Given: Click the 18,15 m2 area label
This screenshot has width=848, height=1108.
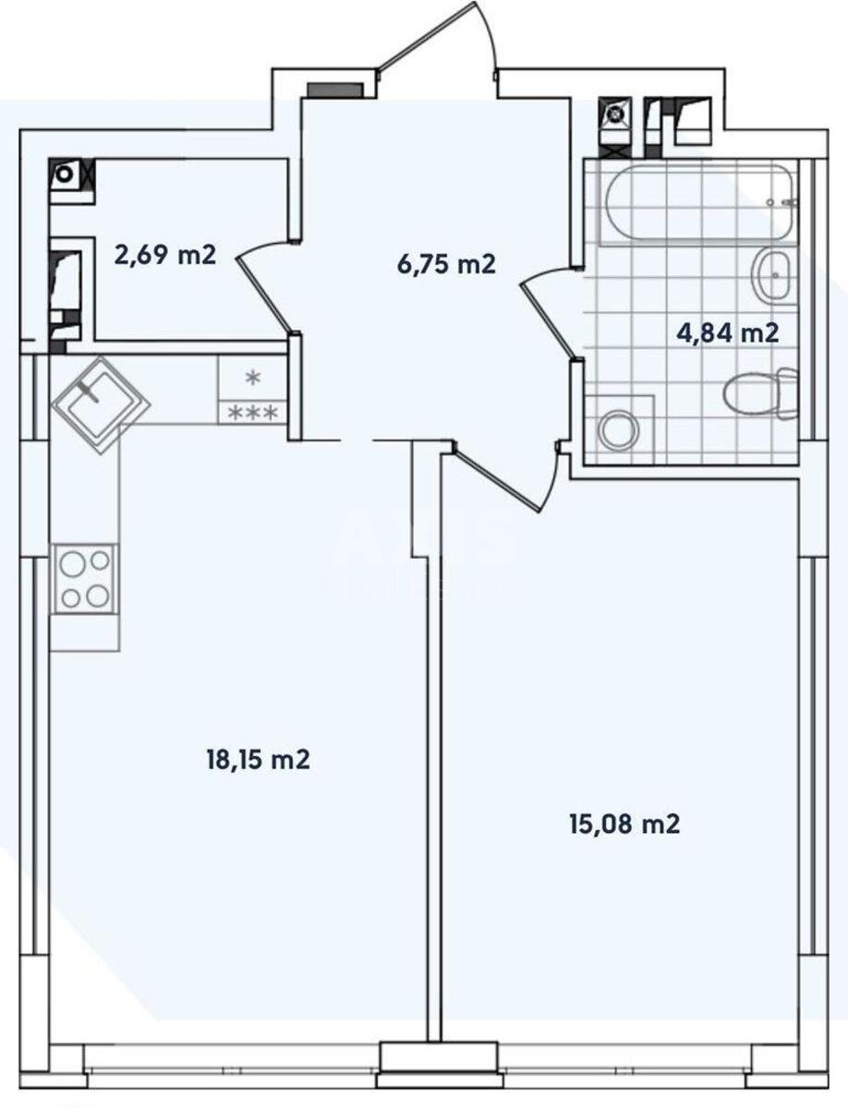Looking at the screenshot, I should (257, 761).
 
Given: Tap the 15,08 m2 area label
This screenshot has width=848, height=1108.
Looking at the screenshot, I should (624, 824).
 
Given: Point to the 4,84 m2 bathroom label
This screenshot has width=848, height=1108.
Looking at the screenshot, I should (727, 333).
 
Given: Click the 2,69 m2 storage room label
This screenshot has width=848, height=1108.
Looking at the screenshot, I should (165, 254).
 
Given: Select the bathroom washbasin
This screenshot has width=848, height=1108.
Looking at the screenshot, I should (773, 274).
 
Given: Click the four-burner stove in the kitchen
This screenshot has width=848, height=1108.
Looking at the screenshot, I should (84, 579).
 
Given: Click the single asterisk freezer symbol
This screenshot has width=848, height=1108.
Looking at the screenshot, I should (252, 378).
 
